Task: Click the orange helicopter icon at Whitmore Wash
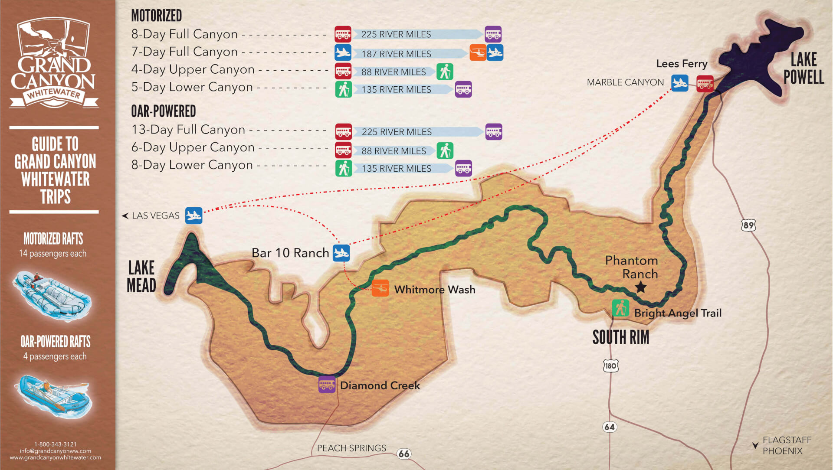click(x=380, y=288)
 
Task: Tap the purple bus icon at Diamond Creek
click(x=327, y=384)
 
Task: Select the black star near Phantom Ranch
click(x=640, y=287)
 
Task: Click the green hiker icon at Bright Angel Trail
click(x=620, y=308)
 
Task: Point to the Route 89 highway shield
click(x=748, y=225)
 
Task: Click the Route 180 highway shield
click(x=610, y=366)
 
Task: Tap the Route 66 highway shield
click(x=404, y=454)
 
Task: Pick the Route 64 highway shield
click(x=610, y=427)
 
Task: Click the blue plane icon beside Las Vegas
click(x=193, y=215)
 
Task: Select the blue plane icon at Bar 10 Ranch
click(x=341, y=253)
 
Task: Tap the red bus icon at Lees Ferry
click(x=705, y=84)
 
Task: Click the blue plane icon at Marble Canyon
click(x=679, y=83)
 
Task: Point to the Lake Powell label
click(x=803, y=68)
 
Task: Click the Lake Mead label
click(x=141, y=276)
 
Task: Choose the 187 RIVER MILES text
click(x=396, y=54)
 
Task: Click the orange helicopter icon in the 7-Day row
click(x=478, y=53)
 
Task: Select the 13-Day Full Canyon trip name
click(x=188, y=130)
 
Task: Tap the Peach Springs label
click(x=351, y=448)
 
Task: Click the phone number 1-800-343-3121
click(x=56, y=444)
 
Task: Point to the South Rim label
click(x=621, y=337)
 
